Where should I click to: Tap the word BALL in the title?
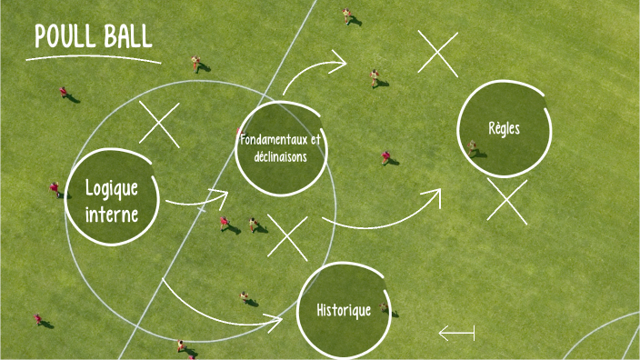pos(126,37)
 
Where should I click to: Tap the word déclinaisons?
pos(280,155)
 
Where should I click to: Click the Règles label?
pos(504,128)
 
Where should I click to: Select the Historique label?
pos(344,310)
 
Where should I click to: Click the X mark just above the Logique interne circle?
pos(159,124)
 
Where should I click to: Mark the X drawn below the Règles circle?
pos(506,201)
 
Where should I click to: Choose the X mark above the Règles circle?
pos(438,53)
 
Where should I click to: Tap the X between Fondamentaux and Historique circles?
pos(287,237)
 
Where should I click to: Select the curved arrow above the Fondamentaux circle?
pos(314,71)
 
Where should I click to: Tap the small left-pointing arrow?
pos(456,334)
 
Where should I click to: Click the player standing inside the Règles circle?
pos(473,147)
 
